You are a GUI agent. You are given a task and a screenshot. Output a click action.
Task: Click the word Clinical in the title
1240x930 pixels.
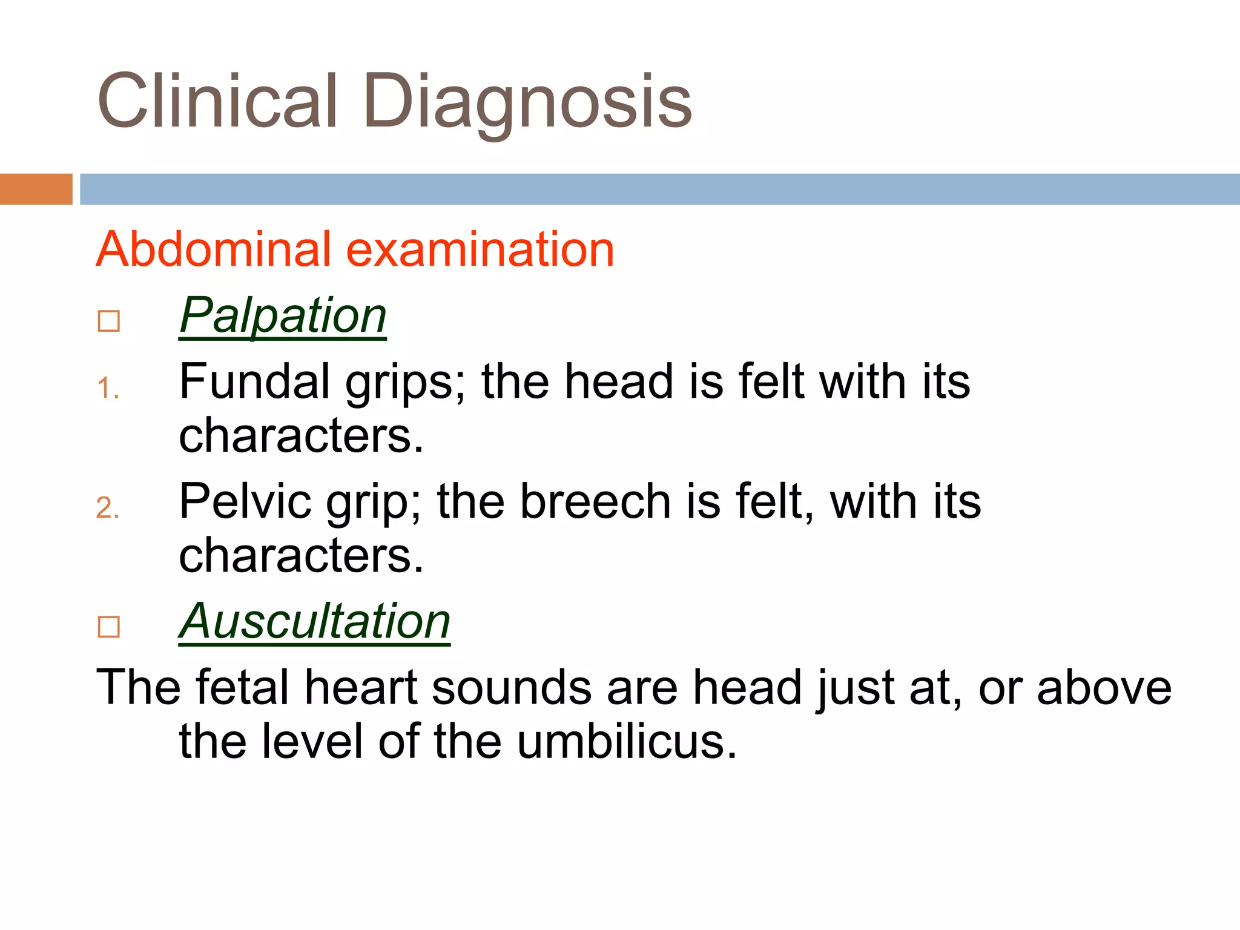[x=217, y=101]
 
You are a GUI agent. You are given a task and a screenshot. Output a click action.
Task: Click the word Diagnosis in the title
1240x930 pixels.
[x=527, y=101]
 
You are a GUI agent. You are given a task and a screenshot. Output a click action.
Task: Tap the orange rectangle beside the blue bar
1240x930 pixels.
[x=36, y=189]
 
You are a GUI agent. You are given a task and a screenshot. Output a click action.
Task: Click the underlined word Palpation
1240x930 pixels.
[x=283, y=316]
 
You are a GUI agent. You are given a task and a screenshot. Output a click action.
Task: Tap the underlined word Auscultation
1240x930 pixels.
[x=314, y=622]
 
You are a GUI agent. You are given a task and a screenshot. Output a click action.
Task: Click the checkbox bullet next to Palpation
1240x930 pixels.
[x=109, y=321]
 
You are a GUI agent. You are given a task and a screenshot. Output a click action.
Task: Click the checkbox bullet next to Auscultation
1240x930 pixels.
[x=109, y=627]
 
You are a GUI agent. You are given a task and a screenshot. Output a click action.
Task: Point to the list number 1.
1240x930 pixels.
[x=107, y=388]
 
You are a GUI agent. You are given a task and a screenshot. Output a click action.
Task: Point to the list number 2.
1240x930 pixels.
[x=107, y=508]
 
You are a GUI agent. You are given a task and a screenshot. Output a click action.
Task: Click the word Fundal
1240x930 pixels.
[x=255, y=381]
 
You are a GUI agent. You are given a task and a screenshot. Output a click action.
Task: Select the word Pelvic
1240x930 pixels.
[x=246, y=501]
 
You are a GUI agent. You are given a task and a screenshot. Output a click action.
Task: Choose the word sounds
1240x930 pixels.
[x=512, y=687]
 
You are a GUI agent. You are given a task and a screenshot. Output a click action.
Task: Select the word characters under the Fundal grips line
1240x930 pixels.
[x=301, y=435]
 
